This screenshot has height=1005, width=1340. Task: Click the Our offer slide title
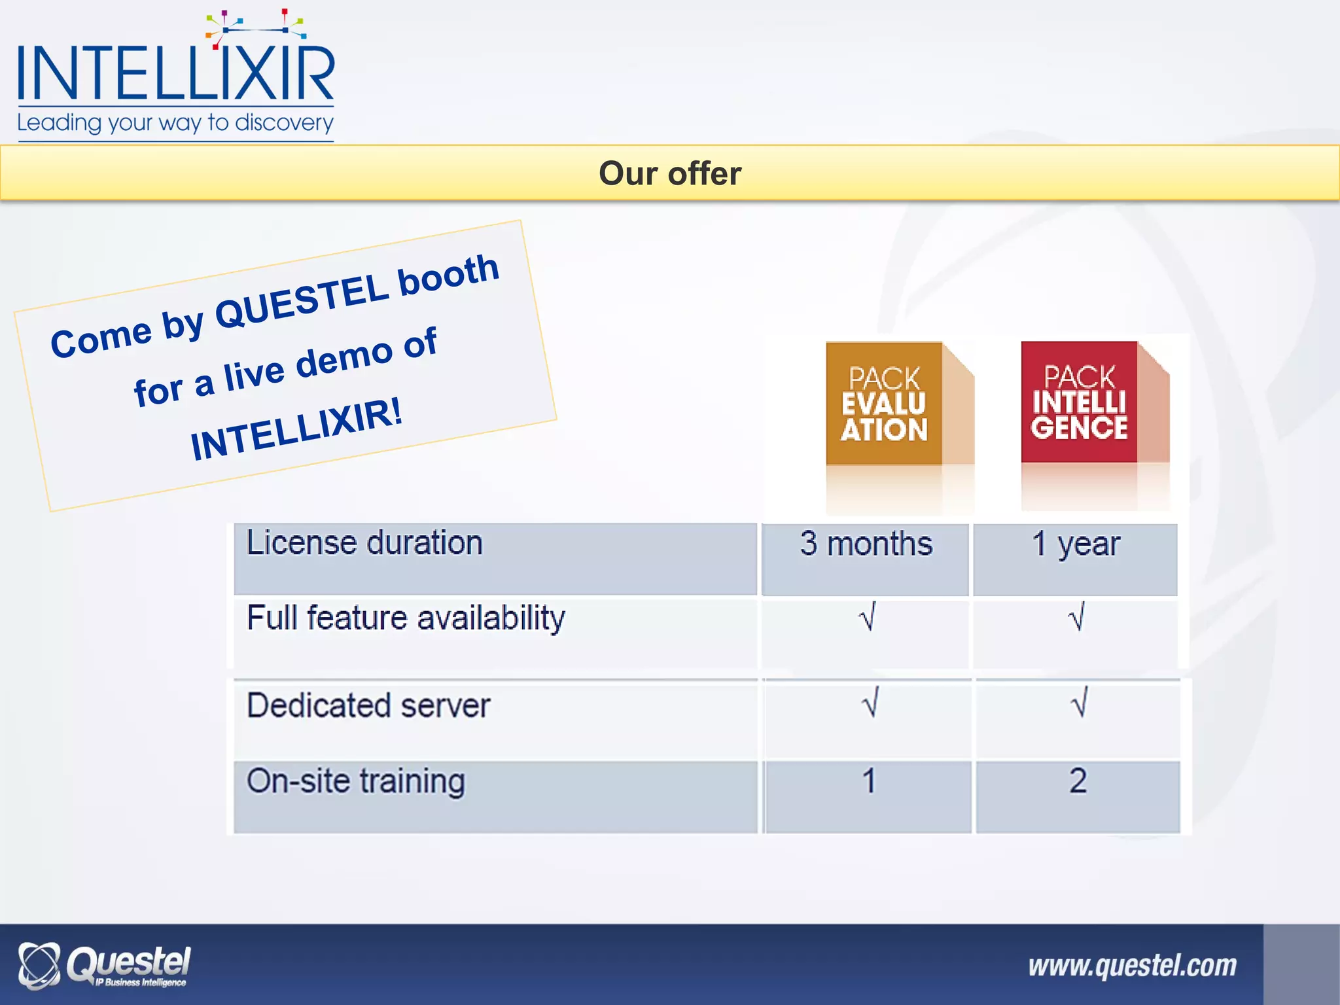point(670,174)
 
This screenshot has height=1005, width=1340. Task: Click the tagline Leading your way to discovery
point(175,123)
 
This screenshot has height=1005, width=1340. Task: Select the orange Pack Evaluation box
point(885,404)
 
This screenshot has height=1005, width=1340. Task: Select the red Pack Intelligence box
point(1080,402)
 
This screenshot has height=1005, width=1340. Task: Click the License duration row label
point(364,543)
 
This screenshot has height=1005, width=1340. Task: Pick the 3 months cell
point(866,544)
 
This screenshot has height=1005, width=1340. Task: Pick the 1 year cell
point(1076,544)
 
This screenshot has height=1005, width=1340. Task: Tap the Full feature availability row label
point(406,618)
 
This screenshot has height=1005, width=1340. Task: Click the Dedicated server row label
point(368,706)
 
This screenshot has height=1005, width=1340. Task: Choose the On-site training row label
point(355,781)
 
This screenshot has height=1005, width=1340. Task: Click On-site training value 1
point(868,781)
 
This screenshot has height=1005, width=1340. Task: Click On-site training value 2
point(1078,781)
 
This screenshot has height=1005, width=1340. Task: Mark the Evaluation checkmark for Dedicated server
point(870,703)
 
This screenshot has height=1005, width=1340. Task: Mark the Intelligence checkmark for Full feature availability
point(1076,616)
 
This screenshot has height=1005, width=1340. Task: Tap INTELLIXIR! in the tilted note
point(296,430)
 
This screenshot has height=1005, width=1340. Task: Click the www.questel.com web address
point(1132,966)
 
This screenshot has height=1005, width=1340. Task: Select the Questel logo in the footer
point(105,966)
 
